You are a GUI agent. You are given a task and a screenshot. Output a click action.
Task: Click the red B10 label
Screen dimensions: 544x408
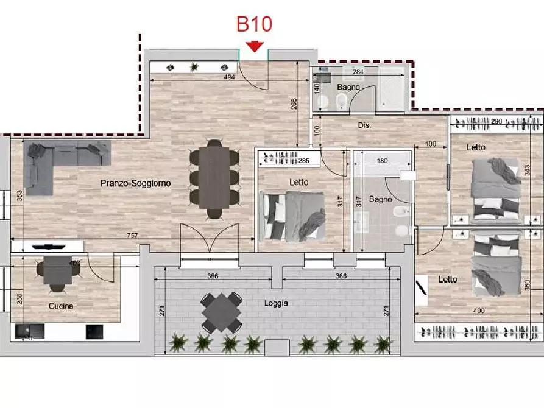tap(254, 24)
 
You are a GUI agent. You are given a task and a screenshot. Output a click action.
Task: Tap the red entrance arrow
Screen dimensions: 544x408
tap(255, 47)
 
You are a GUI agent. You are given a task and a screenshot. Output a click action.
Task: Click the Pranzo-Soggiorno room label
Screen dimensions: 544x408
tap(136, 183)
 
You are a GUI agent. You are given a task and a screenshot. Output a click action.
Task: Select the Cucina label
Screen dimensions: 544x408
tap(61, 306)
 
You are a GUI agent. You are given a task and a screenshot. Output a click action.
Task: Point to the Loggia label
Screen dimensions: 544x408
tap(276, 303)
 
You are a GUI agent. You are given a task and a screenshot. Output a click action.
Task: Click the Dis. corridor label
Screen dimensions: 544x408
tap(364, 125)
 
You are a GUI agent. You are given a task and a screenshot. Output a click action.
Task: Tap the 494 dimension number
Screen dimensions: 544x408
tap(229, 77)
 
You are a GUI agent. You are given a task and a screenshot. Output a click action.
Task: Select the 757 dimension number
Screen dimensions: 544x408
tap(132, 235)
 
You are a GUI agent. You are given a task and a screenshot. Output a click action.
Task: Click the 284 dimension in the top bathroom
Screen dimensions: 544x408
tap(358, 72)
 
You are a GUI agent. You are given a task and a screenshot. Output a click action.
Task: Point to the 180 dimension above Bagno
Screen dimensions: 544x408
tap(382, 161)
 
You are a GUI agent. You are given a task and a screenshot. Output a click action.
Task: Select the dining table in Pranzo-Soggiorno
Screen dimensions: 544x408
tap(214, 178)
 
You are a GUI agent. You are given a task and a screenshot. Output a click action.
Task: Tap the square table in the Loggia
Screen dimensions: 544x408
tap(221, 312)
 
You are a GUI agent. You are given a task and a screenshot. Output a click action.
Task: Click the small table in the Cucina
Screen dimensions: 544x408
tap(58, 270)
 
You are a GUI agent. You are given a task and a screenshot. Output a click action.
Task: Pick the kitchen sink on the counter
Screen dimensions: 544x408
tap(29, 331)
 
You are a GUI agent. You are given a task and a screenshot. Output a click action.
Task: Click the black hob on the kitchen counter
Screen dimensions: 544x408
tap(94, 332)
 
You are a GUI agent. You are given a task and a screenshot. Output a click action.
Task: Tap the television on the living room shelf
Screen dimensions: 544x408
tap(49, 247)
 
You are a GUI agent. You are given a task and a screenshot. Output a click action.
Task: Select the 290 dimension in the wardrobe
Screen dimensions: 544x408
tap(496, 121)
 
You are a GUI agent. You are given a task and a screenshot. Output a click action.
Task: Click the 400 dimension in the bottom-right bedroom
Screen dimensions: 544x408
tap(479, 311)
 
